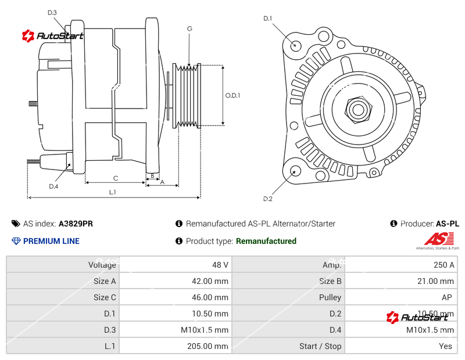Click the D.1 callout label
pos(267,19)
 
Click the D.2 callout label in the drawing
pos(267,199)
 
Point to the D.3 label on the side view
pos(52,13)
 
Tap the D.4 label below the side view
pos(53,186)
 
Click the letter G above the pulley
pos(189,28)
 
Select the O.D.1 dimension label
pos(233,95)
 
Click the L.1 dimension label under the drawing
pos(112,192)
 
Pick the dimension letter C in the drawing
pos(115,178)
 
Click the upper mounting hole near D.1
pos(296,45)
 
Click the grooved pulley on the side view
pos(187,95)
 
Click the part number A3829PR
pos(76,224)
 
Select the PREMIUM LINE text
pos(51,241)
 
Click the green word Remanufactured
pos(266,241)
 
